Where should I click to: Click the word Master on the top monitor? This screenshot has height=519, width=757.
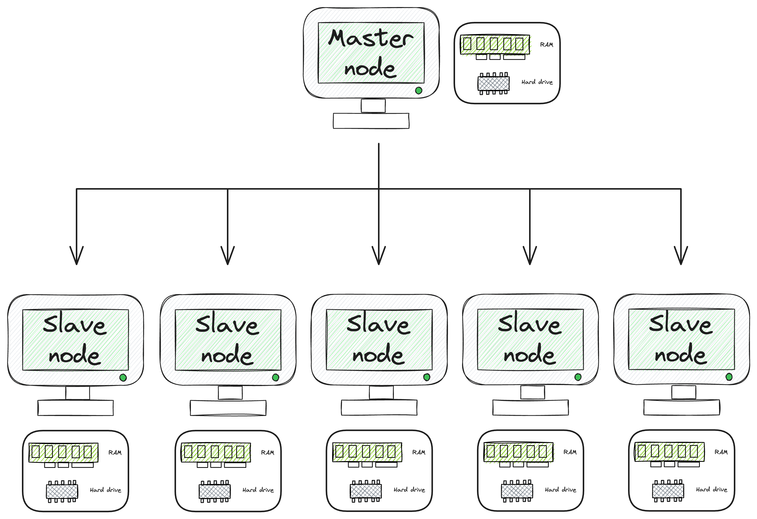(370, 39)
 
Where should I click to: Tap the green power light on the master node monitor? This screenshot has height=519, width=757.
(419, 91)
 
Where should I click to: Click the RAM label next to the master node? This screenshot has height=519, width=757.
(546, 45)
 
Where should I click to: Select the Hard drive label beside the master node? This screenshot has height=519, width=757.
(537, 82)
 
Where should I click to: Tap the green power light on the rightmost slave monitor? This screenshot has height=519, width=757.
(729, 377)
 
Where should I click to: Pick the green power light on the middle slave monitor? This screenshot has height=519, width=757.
(427, 377)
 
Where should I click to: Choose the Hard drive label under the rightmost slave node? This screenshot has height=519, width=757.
(711, 490)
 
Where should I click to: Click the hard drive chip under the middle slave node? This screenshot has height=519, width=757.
(365, 491)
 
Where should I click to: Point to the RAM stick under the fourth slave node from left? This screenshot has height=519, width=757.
(518, 452)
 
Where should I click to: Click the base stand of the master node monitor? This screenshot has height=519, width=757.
(371, 121)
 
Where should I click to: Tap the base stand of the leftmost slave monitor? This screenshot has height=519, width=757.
(76, 408)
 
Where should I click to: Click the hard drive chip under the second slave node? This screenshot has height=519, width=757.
(214, 491)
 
